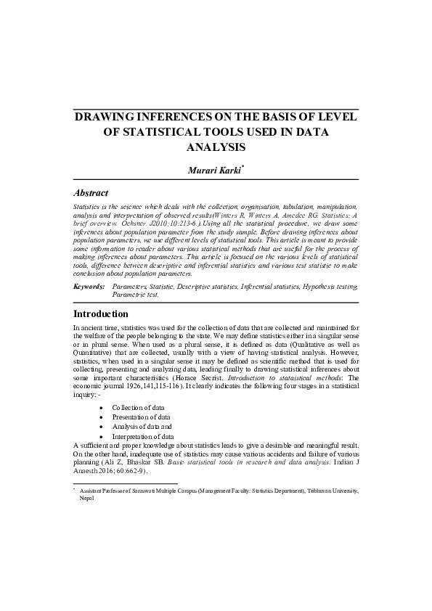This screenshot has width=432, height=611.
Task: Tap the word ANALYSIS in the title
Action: tap(216, 147)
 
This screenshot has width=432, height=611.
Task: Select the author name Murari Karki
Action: tap(213, 170)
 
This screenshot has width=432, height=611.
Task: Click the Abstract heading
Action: tap(91, 193)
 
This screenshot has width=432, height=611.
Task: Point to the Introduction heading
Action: tap(101, 314)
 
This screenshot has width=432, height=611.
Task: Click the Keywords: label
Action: tap(89, 287)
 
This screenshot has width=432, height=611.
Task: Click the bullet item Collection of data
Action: tap(138, 409)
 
